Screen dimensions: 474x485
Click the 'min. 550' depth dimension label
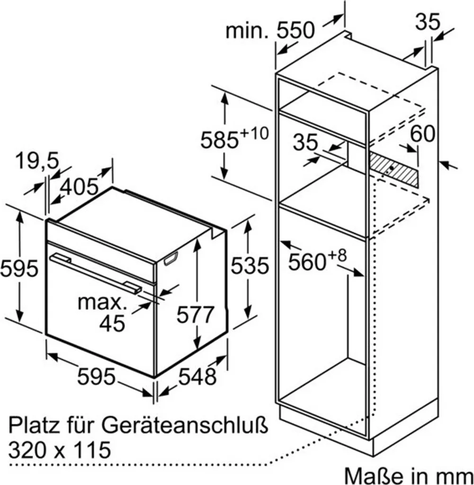click(x=270, y=30)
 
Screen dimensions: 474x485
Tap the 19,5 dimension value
click(x=37, y=161)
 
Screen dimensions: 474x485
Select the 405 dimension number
click(x=79, y=187)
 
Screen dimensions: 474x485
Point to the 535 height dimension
click(x=250, y=265)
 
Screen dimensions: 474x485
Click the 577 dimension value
click(x=196, y=314)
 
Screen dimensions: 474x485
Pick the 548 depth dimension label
click(x=197, y=377)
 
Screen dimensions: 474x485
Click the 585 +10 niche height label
click(x=234, y=139)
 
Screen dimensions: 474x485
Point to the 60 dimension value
click(x=422, y=134)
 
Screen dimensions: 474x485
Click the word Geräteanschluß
click(x=185, y=425)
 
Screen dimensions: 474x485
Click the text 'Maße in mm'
click(x=409, y=475)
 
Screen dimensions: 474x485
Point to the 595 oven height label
click(x=19, y=268)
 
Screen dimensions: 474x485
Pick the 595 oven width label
click(x=96, y=377)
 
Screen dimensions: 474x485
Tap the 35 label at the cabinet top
click(x=427, y=22)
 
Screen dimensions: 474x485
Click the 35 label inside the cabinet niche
click(x=305, y=142)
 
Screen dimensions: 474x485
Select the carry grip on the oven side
click(x=171, y=259)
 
